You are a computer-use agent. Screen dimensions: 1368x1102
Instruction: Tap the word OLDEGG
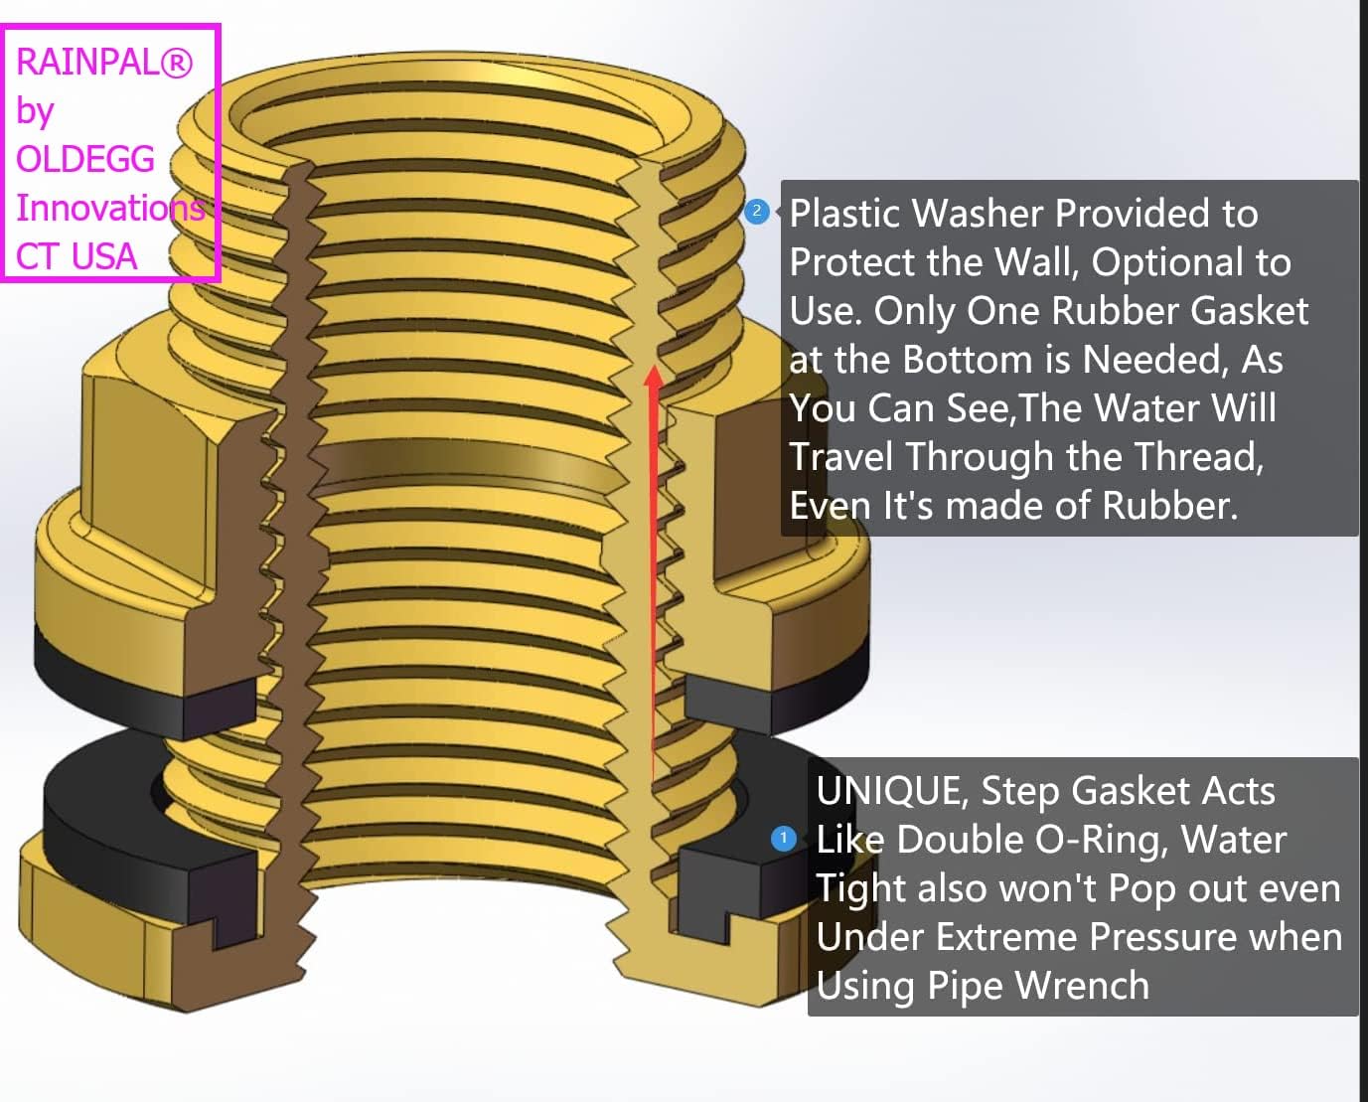[x=85, y=159]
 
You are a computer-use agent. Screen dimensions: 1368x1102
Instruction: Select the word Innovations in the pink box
[x=110, y=208]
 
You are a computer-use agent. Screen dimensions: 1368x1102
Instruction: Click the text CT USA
[x=76, y=256]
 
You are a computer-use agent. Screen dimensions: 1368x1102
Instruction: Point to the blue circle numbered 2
[x=756, y=211]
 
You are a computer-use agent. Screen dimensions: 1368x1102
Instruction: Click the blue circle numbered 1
[x=783, y=839]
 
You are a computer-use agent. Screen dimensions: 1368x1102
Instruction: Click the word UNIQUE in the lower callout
[x=892, y=792]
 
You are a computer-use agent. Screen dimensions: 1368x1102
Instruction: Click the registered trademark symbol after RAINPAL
[x=176, y=63]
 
